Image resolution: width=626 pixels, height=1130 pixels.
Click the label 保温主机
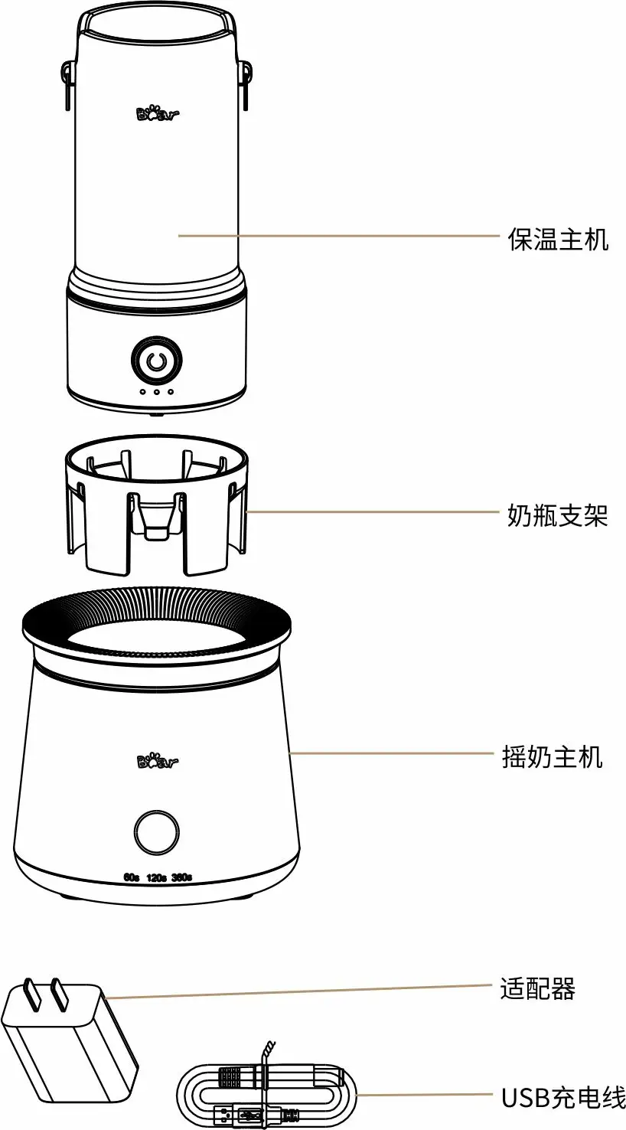(558, 239)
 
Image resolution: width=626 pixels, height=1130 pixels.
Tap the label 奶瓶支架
(558, 515)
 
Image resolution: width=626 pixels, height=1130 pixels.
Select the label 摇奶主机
(553, 757)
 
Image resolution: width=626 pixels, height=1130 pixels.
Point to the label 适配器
(538, 989)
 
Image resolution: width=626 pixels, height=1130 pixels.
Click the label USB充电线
(563, 1083)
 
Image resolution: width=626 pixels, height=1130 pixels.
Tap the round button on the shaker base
(157, 833)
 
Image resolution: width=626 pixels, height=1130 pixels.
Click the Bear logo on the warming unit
(158, 114)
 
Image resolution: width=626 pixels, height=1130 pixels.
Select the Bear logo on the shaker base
(158, 761)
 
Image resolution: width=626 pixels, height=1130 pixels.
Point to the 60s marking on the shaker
(131, 877)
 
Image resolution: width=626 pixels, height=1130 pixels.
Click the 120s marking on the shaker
(156, 878)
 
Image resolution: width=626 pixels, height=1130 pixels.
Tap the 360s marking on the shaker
(181, 877)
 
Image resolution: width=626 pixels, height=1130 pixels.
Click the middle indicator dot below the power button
(157, 392)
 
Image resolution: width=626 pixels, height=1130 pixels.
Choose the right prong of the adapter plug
(59, 993)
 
